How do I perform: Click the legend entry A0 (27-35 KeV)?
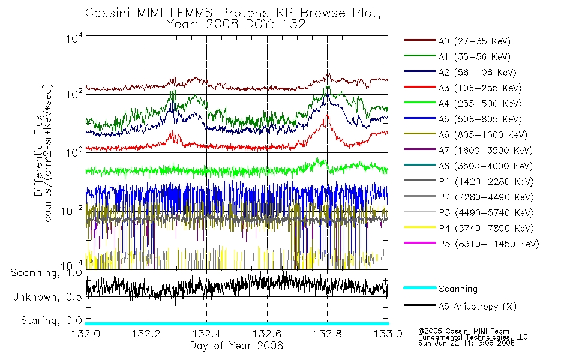click(x=475, y=41)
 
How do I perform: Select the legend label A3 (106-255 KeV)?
click(x=480, y=88)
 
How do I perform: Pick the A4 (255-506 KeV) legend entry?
click(x=480, y=104)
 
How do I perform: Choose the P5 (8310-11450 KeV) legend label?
click(x=489, y=244)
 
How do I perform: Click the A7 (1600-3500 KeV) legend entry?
click(x=485, y=151)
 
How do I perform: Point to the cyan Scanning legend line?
click(x=420, y=287)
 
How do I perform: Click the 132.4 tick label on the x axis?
click(x=207, y=334)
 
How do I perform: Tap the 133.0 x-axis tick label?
click(x=388, y=334)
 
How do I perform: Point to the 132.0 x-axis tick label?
click(x=86, y=334)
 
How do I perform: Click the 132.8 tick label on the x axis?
click(x=327, y=334)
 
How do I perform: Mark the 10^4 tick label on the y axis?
click(x=74, y=38)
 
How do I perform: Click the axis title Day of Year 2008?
click(x=236, y=346)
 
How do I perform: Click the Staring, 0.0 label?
click(x=51, y=320)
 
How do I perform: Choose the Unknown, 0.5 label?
click(x=47, y=297)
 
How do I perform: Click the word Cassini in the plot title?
click(x=109, y=13)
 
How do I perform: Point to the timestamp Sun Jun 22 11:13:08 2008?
click(x=466, y=343)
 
